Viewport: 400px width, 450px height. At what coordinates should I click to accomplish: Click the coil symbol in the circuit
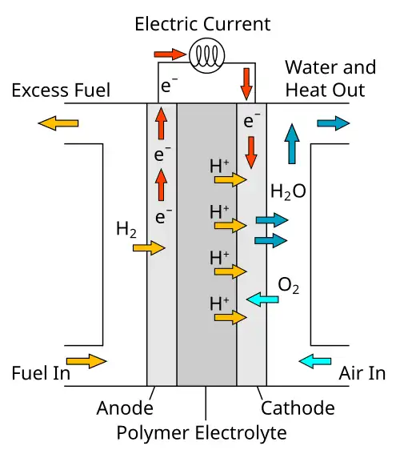click(206, 55)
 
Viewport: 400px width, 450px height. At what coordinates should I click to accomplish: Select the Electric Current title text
click(202, 24)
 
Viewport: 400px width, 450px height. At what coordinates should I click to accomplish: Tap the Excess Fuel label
click(61, 90)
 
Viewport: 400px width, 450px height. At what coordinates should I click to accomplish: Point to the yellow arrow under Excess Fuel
click(58, 123)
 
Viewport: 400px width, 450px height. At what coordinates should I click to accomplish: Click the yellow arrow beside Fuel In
click(86, 361)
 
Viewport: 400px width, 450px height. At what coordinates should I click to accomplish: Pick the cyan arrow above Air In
click(315, 361)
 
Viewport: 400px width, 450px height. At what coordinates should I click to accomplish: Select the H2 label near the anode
click(126, 230)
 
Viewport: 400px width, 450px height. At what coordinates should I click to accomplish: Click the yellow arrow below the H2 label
click(149, 248)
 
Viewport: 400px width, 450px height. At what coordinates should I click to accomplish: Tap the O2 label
click(289, 286)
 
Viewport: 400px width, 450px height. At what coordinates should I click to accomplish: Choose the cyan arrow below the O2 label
click(262, 299)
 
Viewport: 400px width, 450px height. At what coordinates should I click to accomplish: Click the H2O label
click(288, 191)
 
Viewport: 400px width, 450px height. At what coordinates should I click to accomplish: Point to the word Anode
click(125, 408)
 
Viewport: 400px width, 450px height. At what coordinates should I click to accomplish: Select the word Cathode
click(298, 408)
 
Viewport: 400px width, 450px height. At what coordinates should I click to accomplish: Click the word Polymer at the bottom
click(153, 433)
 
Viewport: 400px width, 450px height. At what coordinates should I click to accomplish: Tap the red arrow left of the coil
click(170, 54)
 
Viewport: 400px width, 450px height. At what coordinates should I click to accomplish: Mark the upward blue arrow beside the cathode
click(292, 144)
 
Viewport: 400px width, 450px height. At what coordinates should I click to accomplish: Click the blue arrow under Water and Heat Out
click(334, 123)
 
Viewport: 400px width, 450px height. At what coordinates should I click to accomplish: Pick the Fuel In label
click(41, 373)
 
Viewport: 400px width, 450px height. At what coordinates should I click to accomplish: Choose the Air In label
click(362, 373)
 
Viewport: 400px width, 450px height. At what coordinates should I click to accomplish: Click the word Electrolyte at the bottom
click(241, 433)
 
